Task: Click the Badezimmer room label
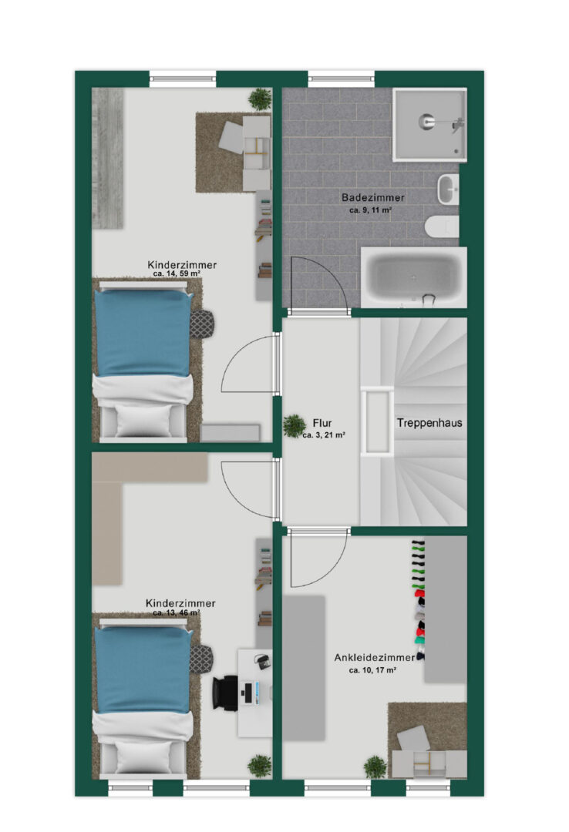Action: point(373,197)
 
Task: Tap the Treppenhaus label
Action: point(429,423)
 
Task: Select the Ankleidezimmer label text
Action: point(375,657)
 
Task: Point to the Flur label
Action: point(322,423)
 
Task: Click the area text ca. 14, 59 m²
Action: point(177,273)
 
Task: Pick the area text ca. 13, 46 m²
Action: point(177,612)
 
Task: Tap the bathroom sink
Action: point(449,190)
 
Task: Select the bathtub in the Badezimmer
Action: point(414,277)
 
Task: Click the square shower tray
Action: point(429,125)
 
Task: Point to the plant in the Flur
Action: point(294,425)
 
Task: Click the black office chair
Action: point(225,692)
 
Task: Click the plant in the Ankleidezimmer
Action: point(375,767)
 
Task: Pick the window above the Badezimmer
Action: point(342,79)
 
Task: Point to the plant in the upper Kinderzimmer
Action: point(261,99)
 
